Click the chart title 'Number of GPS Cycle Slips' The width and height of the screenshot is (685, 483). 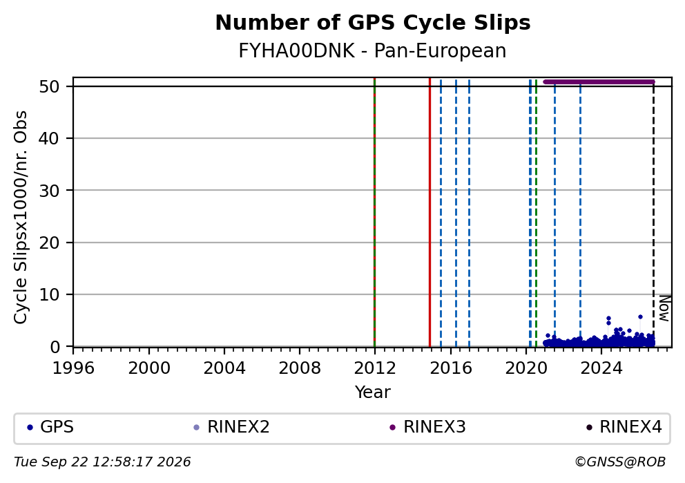[373, 23]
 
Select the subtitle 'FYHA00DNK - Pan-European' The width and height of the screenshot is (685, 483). [372, 50]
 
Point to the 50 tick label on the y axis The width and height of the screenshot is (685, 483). [49, 86]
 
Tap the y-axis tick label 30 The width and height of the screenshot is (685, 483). [49, 191]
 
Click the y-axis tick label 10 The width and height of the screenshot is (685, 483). [49, 294]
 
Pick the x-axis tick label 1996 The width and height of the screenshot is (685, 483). [73, 368]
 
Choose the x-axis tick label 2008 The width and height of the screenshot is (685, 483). [300, 368]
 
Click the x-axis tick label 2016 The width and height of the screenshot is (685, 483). [451, 368]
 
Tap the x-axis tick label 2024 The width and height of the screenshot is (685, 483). [601, 368]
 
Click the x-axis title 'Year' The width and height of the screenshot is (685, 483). [373, 392]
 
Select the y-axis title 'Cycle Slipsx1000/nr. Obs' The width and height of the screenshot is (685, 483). [21, 217]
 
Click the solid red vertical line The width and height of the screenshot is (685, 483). [430, 212]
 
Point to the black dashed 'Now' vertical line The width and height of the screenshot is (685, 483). [653, 214]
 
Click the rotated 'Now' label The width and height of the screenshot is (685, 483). [664, 309]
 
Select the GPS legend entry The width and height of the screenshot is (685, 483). [50, 427]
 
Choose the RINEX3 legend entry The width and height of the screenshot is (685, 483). [427, 427]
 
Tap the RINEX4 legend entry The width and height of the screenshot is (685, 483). [624, 427]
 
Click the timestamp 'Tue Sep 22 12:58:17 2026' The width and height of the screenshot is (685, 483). [102, 462]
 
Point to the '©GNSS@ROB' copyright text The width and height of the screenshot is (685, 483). [620, 462]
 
